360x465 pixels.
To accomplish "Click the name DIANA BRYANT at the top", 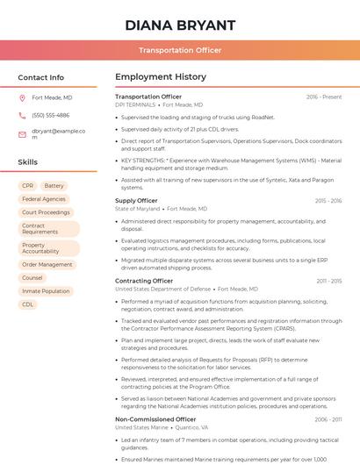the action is (x=180, y=25).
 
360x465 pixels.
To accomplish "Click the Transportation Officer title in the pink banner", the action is (x=180, y=51).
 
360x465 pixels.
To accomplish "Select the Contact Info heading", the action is (x=41, y=77).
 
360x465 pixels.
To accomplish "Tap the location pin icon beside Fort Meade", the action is (x=22, y=98).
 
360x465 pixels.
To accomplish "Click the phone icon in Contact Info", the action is (x=22, y=115).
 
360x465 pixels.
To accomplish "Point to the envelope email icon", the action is (x=22, y=134).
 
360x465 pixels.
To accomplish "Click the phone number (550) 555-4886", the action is (x=50, y=115).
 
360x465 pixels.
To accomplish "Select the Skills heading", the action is (x=28, y=162).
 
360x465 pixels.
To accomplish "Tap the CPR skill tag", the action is (x=28, y=186).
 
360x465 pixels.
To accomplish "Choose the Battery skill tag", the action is (x=54, y=186).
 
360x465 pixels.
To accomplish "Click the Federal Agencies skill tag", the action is (x=44, y=199).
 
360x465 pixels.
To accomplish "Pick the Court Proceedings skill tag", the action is (x=46, y=212).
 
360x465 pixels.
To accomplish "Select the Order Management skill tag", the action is (x=47, y=264).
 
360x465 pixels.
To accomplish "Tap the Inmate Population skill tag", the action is (x=46, y=291).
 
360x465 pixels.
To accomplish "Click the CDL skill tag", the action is (x=28, y=304).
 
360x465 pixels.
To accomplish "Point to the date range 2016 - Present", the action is (x=324, y=97).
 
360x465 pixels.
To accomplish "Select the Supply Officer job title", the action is (x=136, y=201).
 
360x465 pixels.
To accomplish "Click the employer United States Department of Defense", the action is (x=163, y=289).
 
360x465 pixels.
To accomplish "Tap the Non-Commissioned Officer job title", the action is (x=155, y=419).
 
